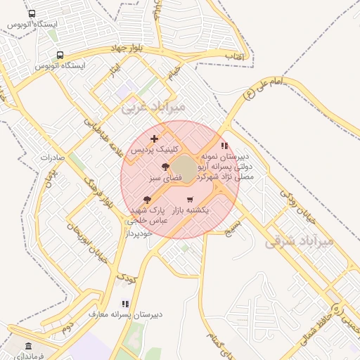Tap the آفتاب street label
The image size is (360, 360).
click(x=231, y=54)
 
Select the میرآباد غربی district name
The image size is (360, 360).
click(x=153, y=107)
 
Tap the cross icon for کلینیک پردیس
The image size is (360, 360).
click(x=155, y=139)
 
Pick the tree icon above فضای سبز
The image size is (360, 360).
click(x=165, y=167)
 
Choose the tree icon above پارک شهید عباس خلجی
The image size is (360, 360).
click(x=146, y=200)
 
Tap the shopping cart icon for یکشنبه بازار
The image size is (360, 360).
click(x=189, y=200)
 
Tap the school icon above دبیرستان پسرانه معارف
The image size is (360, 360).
click(x=125, y=304)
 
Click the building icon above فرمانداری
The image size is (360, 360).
click(x=28, y=346)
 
